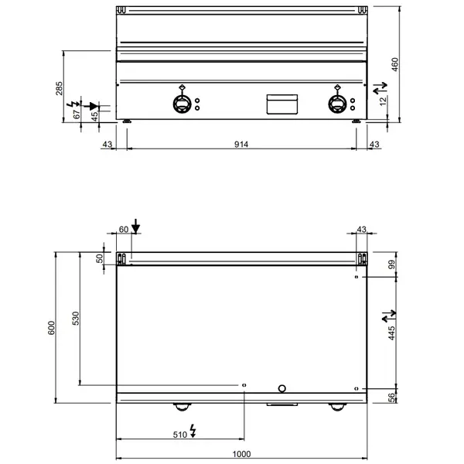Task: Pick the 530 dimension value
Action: tap(77, 319)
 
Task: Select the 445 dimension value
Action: tap(391, 333)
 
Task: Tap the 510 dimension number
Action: tap(180, 435)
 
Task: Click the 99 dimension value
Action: tap(391, 265)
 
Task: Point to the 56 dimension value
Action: tap(391, 397)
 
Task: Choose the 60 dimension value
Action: tap(123, 229)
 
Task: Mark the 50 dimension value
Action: tap(99, 259)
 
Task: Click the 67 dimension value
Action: tap(77, 114)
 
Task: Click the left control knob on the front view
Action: tap(181, 104)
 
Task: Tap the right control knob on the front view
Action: tap(339, 104)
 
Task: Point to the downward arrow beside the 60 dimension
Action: tap(136, 226)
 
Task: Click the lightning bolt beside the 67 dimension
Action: tap(75, 103)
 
